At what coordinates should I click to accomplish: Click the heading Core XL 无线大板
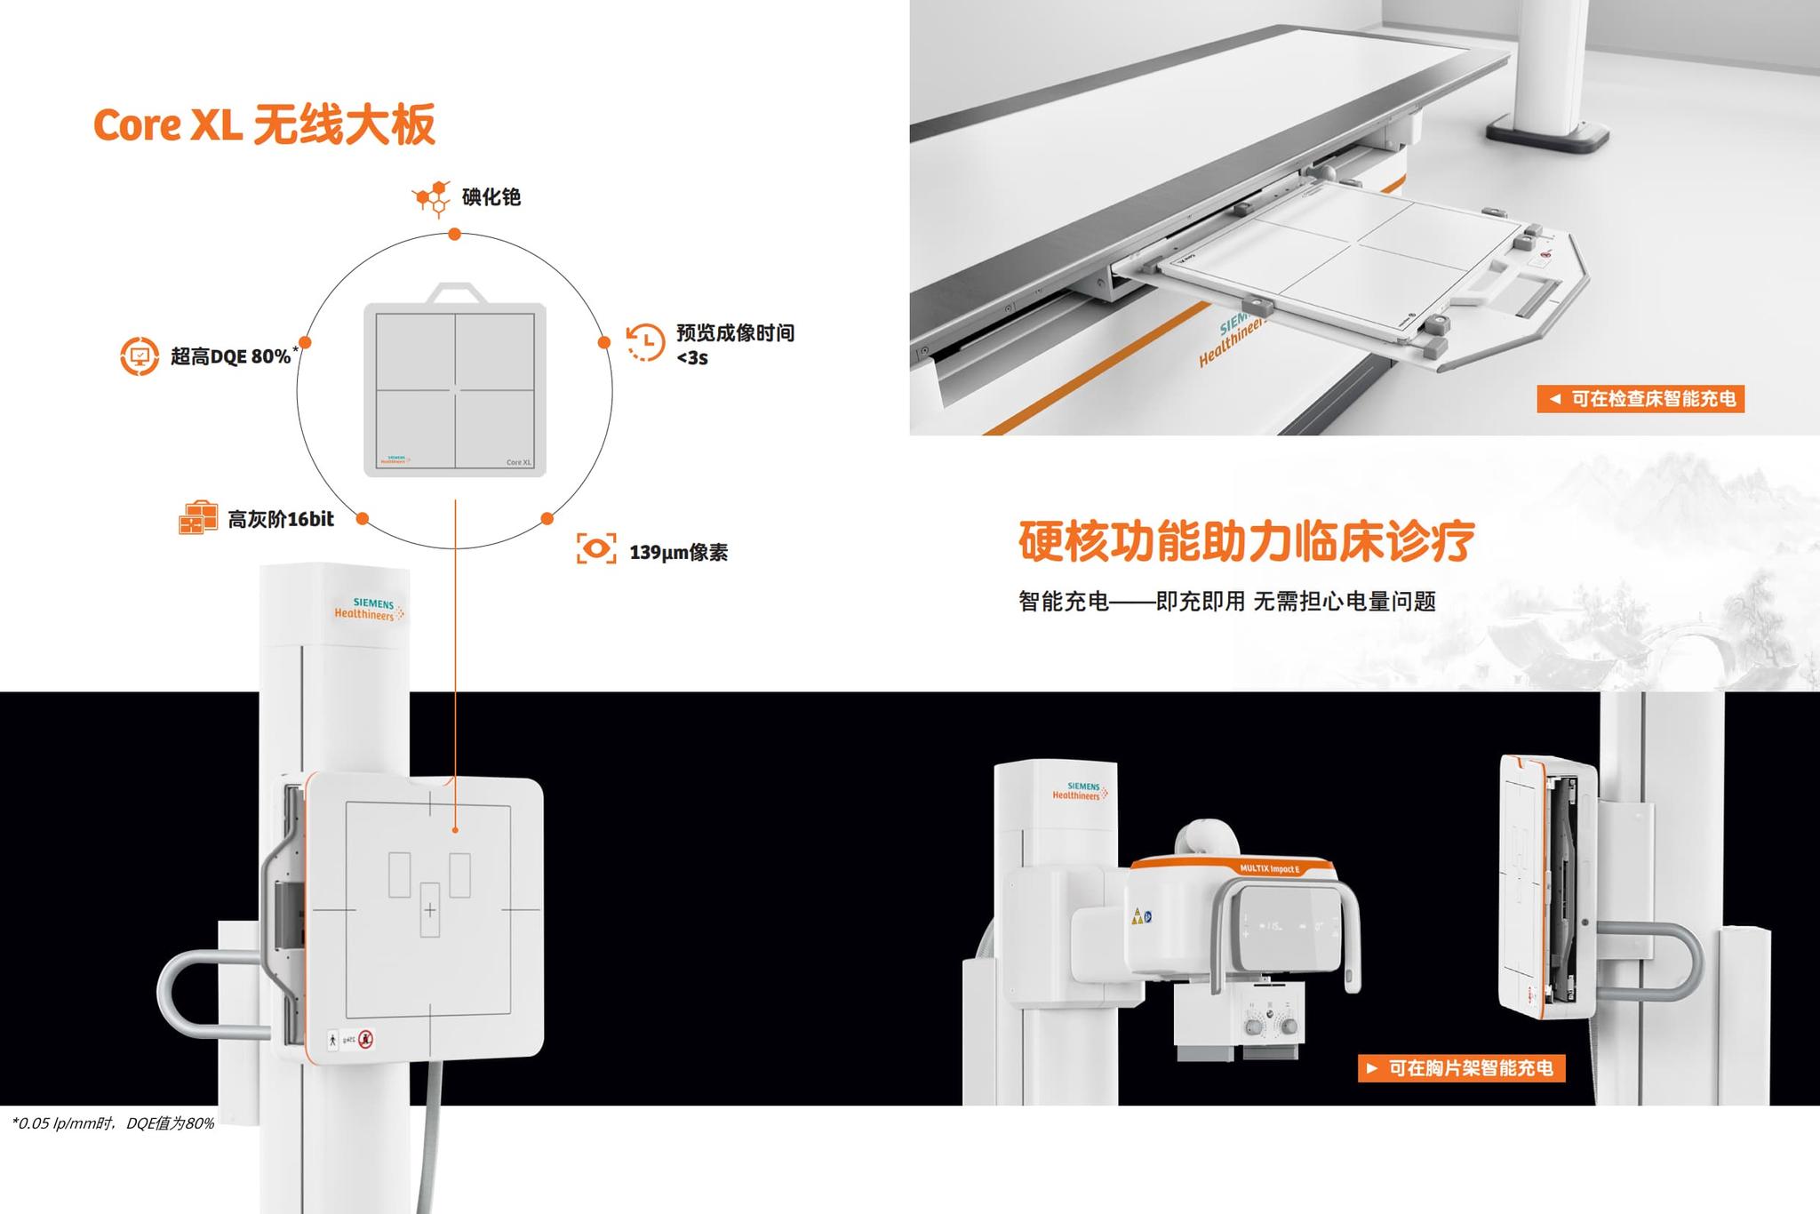click(264, 124)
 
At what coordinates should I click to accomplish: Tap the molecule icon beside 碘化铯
click(432, 198)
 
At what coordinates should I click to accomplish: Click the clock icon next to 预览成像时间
click(645, 342)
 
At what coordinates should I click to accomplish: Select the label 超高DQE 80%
click(231, 356)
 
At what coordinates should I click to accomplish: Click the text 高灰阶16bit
click(281, 519)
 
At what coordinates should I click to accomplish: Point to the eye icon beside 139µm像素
click(596, 548)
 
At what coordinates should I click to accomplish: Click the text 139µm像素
click(678, 553)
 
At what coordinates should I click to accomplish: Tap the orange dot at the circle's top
click(454, 235)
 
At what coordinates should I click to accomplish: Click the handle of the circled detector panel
click(455, 292)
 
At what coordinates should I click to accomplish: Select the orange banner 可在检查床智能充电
click(1640, 398)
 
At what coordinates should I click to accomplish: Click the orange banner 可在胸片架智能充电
click(1461, 1067)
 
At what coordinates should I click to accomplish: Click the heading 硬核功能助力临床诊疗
click(1246, 540)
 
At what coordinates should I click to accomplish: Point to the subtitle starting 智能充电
click(1226, 602)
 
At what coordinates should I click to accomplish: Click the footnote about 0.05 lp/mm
click(114, 1123)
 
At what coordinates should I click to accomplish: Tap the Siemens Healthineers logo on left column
click(369, 609)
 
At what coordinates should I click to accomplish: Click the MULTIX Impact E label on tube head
click(1269, 868)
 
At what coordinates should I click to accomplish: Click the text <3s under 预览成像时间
click(692, 358)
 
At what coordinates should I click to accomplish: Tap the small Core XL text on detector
click(518, 462)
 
